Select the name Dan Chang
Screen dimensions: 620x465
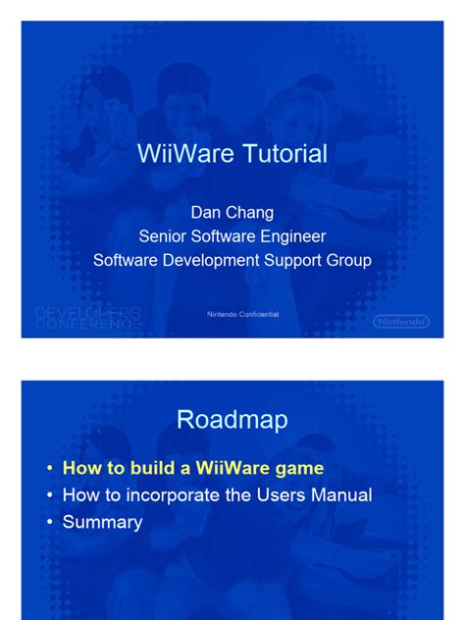click(x=232, y=212)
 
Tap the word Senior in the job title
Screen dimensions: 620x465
click(x=165, y=235)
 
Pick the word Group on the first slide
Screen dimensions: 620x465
click(x=348, y=260)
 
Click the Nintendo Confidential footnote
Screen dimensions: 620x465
click(x=242, y=314)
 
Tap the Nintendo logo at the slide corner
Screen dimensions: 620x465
click(x=401, y=321)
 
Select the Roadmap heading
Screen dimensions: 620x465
click(x=232, y=420)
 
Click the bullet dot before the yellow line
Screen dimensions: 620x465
click(x=50, y=470)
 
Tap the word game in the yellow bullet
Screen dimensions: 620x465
click(x=299, y=469)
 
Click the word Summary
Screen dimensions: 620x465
click(x=102, y=522)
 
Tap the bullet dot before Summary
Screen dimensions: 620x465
click(x=50, y=523)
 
